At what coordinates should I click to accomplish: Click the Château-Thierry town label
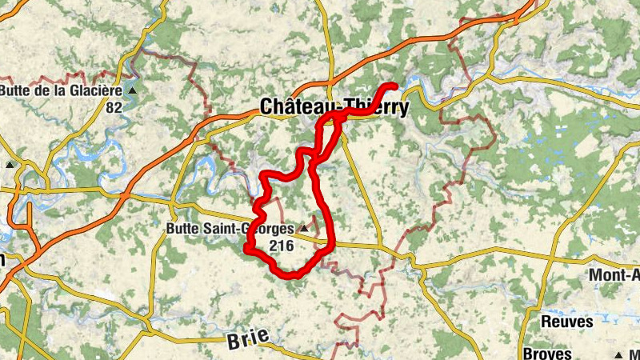pos(334,107)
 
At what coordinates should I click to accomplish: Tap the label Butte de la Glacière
pos(61,90)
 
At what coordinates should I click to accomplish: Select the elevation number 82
pos(114,106)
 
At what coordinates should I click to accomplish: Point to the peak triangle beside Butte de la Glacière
pos(133,90)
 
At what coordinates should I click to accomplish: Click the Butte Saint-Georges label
pos(230,229)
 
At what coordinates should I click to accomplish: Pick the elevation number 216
pos(282,246)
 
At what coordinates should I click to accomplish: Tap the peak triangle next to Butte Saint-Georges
pos(303,229)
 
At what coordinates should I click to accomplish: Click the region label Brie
pos(244,340)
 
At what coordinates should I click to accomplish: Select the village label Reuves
pos(567,322)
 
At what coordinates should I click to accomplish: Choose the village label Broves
pos(550,354)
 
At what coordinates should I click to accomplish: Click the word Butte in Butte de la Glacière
pos(16,90)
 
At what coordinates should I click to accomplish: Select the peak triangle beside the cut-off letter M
pos(619,354)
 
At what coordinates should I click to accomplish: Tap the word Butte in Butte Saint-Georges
pos(182,229)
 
